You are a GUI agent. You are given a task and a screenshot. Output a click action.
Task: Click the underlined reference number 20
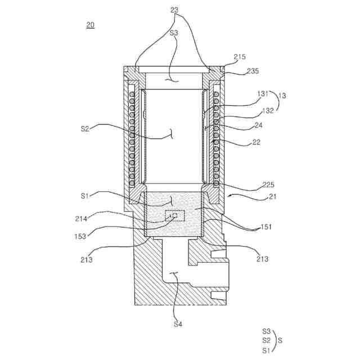pos(91,24)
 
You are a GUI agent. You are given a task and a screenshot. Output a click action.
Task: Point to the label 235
pos(253,71)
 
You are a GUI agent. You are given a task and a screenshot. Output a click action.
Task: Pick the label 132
pos(267,110)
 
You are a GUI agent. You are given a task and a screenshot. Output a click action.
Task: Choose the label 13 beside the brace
pos(282,96)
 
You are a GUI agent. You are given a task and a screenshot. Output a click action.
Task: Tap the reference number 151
pos(265,227)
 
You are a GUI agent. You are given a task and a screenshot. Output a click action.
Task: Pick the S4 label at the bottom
pos(178,324)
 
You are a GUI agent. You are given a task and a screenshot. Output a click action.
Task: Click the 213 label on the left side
pos(87,260)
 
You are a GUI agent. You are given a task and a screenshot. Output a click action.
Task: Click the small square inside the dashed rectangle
pos(174,215)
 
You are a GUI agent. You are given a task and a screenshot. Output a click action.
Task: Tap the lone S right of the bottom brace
pos(280,340)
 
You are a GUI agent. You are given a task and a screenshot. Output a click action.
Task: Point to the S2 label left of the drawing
pos(85,128)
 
